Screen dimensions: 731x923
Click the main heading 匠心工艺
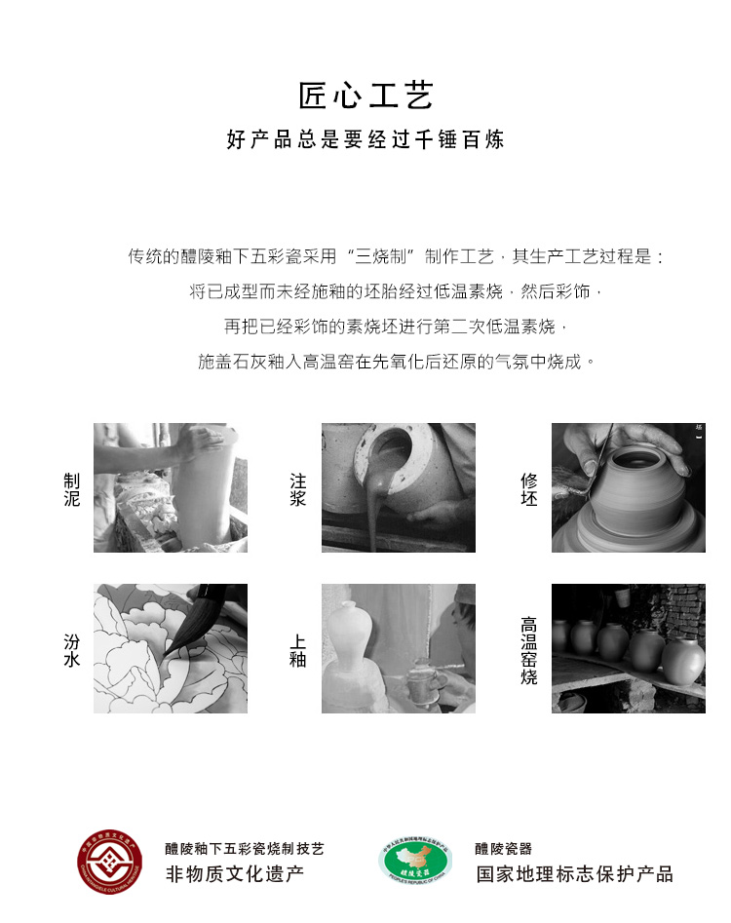pyautogui.click(x=365, y=96)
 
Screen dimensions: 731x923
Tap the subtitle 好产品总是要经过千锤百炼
pyautogui.click(x=365, y=139)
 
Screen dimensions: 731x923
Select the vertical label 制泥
pyautogui.click(x=71, y=489)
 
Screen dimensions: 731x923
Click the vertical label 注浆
pyautogui.click(x=298, y=489)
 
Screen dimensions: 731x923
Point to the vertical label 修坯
pyautogui.click(x=528, y=489)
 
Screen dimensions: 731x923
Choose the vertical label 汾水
pyautogui.click(x=71, y=650)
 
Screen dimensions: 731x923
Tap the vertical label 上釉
pyautogui.click(x=298, y=650)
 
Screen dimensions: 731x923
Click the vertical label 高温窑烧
pyautogui.click(x=528, y=650)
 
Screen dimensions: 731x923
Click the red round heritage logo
pyautogui.click(x=109, y=862)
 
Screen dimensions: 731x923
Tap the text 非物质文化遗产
pyautogui.click(x=234, y=874)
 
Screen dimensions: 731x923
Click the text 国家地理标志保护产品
pyautogui.click(x=574, y=874)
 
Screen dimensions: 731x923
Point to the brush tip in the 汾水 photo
pyautogui.click(x=166, y=655)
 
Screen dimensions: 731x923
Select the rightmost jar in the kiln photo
pyautogui.click(x=682, y=661)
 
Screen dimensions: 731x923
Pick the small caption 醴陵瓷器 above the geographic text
pyautogui.click(x=503, y=849)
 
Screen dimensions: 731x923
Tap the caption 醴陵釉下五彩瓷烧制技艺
pyautogui.click(x=245, y=849)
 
